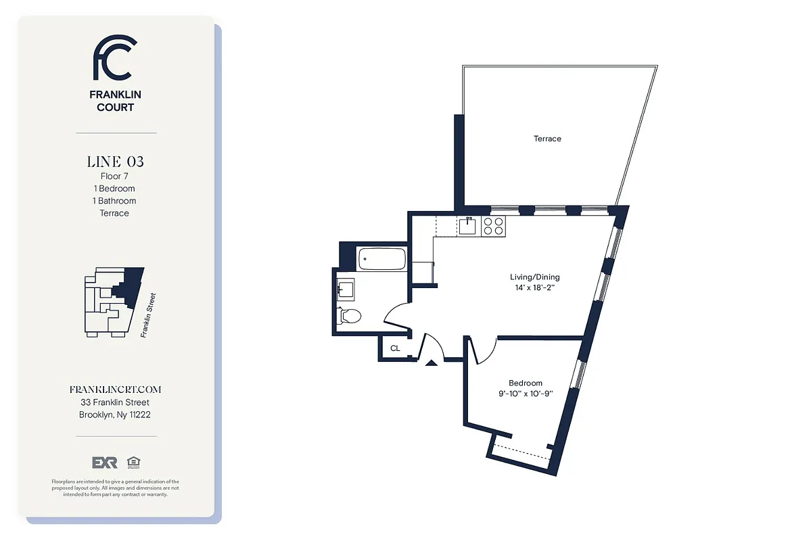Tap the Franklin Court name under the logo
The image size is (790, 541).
pos(115,101)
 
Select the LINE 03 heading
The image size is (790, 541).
pos(115,162)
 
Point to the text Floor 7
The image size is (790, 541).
pos(114,177)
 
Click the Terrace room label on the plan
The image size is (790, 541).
pos(547,139)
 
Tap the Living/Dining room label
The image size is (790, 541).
pos(534,277)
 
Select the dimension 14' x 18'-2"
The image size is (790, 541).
pos(534,287)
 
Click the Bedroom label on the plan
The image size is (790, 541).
pos(526,383)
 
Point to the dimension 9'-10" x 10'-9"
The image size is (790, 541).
pos(526,394)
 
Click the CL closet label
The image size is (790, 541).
pos(395,349)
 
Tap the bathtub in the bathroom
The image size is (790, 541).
pos(381,258)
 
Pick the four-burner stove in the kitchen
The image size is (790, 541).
pos(494,225)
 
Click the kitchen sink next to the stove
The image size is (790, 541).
pos(468,225)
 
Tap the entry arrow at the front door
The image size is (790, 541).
pos(431,364)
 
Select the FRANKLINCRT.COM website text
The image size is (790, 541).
pos(115,390)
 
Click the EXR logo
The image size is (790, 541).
pos(105,463)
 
